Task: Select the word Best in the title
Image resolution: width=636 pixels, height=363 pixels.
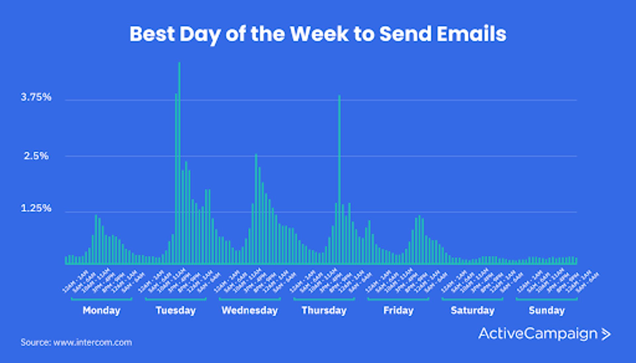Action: pos(152,34)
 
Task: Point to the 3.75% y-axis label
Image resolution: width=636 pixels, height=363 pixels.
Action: pos(36,97)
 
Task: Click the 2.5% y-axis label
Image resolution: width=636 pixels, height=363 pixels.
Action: pos(36,155)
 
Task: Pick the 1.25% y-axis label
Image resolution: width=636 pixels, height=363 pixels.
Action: pos(36,208)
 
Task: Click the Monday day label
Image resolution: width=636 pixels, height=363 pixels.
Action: pos(101,310)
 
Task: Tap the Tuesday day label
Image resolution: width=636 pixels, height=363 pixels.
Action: pos(176,310)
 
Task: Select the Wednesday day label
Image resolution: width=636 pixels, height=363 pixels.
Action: pos(250,310)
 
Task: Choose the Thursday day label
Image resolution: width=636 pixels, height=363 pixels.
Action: pos(324,310)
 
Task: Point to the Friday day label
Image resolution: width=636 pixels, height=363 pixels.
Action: pos(398,310)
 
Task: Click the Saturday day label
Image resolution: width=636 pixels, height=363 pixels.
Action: pos(472,310)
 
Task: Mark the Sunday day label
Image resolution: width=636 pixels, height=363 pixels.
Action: pos(547,310)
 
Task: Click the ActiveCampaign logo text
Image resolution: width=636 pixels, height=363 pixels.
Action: pos(537,333)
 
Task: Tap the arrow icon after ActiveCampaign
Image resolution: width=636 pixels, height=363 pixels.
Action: pos(606,334)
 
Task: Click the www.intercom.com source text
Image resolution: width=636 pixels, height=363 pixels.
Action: pos(93,342)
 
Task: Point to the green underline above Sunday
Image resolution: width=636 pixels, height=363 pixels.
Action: pos(547,299)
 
